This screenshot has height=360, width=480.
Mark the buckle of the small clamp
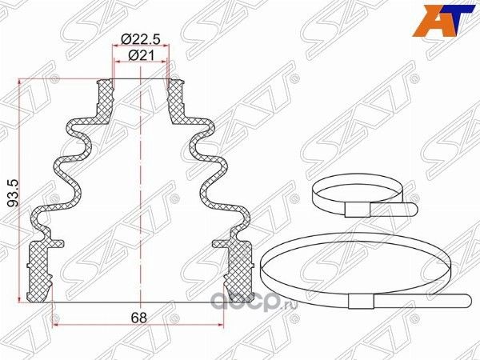[x=356, y=210]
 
